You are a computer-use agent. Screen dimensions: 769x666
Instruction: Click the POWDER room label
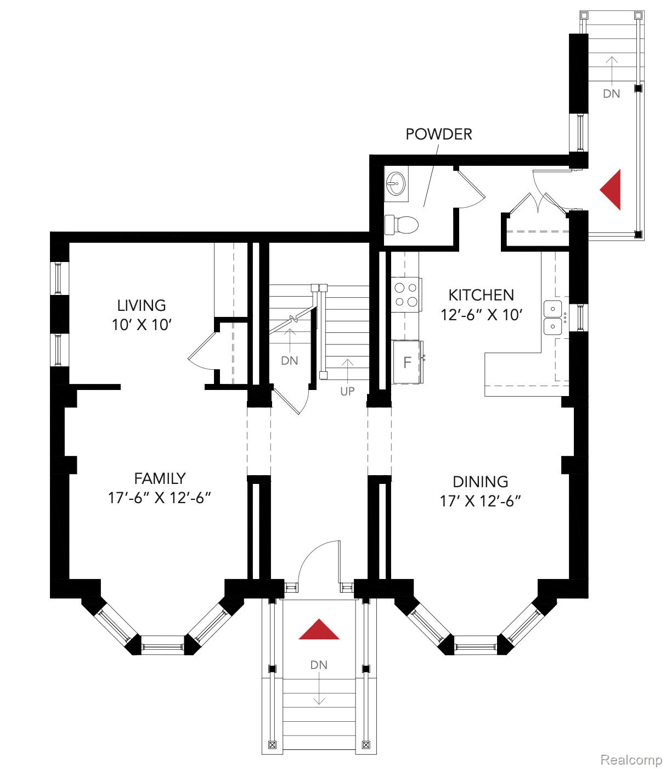pos(438,134)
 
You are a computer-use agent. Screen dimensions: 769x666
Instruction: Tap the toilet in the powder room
pos(402,225)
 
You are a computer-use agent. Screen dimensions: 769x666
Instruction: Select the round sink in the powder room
pos(396,182)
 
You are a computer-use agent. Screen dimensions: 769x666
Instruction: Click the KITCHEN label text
pos(481,295)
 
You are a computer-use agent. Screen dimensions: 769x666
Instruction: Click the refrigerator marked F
pos(407,362)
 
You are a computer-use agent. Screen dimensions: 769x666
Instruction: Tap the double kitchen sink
pos(553,318)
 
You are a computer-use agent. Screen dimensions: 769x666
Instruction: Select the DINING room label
pos(480,482)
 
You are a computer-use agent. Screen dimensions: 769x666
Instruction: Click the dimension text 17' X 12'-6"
pos(480,501)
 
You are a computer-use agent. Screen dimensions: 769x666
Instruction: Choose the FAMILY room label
pos(160,478)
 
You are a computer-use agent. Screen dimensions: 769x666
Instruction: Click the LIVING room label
pos(142,305)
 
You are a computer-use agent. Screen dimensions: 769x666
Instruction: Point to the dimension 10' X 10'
pos(142,325)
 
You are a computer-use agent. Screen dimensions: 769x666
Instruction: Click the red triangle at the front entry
pos(319,631)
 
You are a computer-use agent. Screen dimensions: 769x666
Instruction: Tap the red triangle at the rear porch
pos(612,190)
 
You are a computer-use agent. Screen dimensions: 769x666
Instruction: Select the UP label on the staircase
pos(347,391)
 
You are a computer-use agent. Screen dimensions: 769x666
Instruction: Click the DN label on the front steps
pos(319,665)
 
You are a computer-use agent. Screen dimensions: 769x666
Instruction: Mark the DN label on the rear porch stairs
pos(612,93)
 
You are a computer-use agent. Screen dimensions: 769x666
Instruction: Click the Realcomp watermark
pos(631,760)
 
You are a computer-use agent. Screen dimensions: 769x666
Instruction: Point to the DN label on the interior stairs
pos(290,360)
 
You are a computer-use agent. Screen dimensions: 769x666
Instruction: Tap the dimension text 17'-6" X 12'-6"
pos(160,498)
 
